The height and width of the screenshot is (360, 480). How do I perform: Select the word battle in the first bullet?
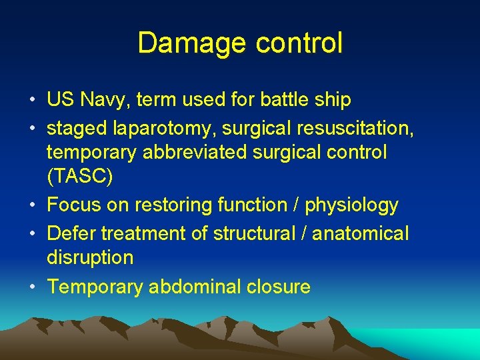coord(279,100)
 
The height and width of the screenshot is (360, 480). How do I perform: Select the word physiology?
coord(351,205)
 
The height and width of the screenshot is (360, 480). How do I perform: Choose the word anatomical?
coord(361,233)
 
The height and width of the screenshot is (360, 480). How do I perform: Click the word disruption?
coord(90,257)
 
